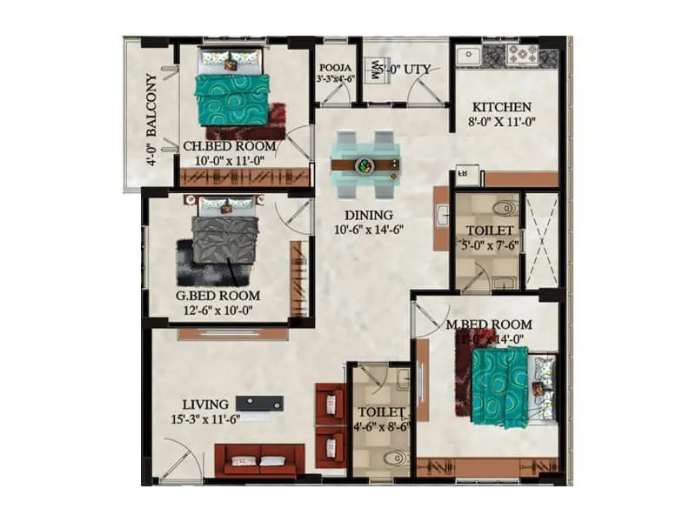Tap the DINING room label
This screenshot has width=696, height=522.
pyautogui.click(x=369, y=215)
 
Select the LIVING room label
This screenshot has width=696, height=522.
pyautogui.click(x=205, y=404)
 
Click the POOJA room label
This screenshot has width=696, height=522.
pyautogui.click(x=335, y=66)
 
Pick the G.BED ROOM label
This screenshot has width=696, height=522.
pyautogui.click(x=217, y=295)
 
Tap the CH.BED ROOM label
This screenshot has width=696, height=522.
pyautogui.click(x=230, y=146)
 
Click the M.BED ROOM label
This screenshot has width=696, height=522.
pyautogui.click(x=488, y=325)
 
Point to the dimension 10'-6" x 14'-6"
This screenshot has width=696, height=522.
pyautogui.click(x=370, y=230)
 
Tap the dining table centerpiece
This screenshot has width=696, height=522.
pyautogui.click(x=365, y=164)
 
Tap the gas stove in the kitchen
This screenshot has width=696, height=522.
pyautogui.click(x=523, y=55)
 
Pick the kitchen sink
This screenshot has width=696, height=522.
pyautogui.click(x=469, y=55)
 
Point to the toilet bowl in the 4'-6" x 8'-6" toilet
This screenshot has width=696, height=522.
pyautogui.click(x=397, y=457)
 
